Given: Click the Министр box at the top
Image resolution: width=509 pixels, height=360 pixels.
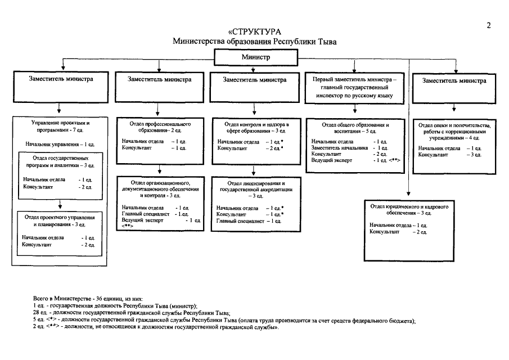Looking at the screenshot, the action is (x=256, y=57).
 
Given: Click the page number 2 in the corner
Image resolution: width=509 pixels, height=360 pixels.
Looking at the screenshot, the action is (x=489, y=25).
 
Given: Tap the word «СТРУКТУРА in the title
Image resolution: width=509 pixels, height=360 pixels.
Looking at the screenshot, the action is (x=254, y=32).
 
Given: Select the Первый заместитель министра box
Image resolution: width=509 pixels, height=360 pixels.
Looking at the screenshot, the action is (x=354, y=88).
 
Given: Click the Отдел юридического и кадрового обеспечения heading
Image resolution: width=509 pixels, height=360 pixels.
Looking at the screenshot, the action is (x=409, y=210).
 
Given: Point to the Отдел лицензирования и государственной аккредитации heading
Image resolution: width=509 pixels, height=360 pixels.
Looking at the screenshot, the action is (x=256, y=190).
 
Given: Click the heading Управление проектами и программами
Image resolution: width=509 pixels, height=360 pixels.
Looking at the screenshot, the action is (x=60, y=126).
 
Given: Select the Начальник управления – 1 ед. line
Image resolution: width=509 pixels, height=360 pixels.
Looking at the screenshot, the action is (x=60, y=145).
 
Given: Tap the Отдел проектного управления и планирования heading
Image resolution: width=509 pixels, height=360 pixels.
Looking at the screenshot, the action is (x=60, y=220).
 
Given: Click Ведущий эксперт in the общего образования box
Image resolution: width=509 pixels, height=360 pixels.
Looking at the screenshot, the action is (x=331, y=160).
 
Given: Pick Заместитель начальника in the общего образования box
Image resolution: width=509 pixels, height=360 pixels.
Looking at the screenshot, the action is (x=340, y=148).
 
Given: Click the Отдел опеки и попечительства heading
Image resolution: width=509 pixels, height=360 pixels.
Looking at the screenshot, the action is (x=454, y=132).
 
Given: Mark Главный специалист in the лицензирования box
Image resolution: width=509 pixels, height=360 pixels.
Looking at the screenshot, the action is (x=240, y=221).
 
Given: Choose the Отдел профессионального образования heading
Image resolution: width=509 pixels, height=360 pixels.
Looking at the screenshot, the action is (x=160, y=127).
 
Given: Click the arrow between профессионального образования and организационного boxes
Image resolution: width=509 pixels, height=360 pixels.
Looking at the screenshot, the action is (x=159, y=170).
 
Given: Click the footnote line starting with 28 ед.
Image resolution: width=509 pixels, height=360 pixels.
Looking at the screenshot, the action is (x=132, y=313).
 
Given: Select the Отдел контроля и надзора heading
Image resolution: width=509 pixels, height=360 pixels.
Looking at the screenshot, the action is (x=256, y=128).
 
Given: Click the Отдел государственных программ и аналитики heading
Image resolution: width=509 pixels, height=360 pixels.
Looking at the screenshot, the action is (x=60, y=161).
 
